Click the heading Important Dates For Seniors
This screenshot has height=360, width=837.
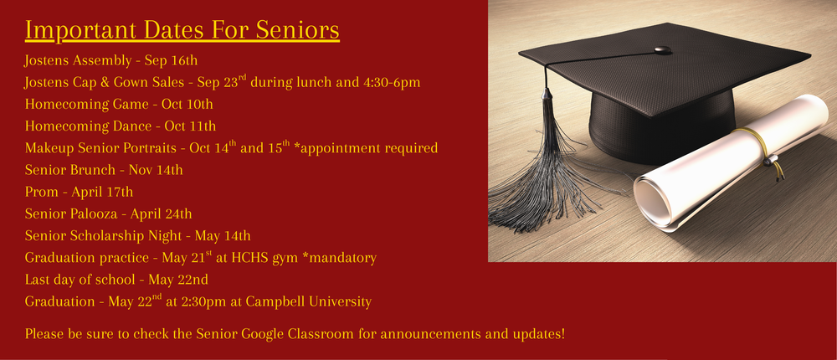pyautogui.click(x=182, y=30)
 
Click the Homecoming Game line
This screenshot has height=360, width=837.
pyautogui.click(x=119, y=104)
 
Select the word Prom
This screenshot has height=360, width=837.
pyautogui.click(x=41, y=192)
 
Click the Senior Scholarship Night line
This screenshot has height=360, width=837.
pyautogui.click(x=137, y=235)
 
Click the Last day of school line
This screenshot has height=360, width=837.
pyautogui.click(x=116, y=280)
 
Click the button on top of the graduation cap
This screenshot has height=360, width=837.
pyautogui.click(x=662, y=49)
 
